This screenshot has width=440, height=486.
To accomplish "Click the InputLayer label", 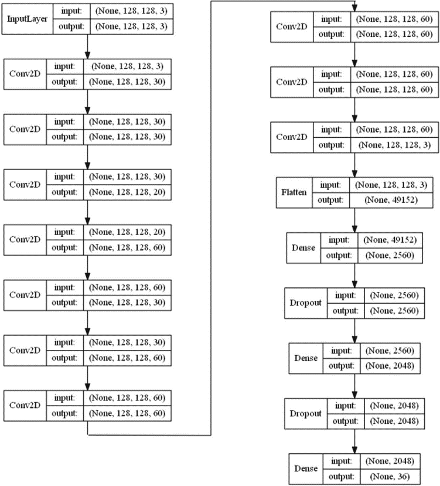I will click(x=28, y=19).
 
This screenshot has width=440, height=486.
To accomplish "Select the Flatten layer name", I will click(x=295, y=192).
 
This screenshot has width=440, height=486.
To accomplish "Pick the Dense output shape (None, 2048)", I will click(x=390, y=365).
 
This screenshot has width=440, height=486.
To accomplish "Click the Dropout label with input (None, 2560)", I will click(x=306, y=303).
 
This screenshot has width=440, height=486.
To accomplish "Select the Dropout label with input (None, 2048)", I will click(x=306, y=413).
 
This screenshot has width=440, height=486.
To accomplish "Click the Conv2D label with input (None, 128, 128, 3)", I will click(x=25, y=74).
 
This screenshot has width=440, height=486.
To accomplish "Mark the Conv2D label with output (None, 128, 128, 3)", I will click(x=292, y=137).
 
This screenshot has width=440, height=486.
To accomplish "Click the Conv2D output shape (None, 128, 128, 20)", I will click(x=127, y=192).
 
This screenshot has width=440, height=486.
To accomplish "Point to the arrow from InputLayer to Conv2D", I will click(x=87, y=45).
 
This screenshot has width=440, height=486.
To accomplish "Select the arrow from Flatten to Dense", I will click(x=354, y=220).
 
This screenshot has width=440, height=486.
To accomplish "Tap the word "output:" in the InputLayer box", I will click(x=73, y=26).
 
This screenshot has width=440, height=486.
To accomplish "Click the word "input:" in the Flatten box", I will click(x=331, y=185).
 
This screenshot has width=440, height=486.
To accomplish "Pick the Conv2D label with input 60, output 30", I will click(x=25, y=294).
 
